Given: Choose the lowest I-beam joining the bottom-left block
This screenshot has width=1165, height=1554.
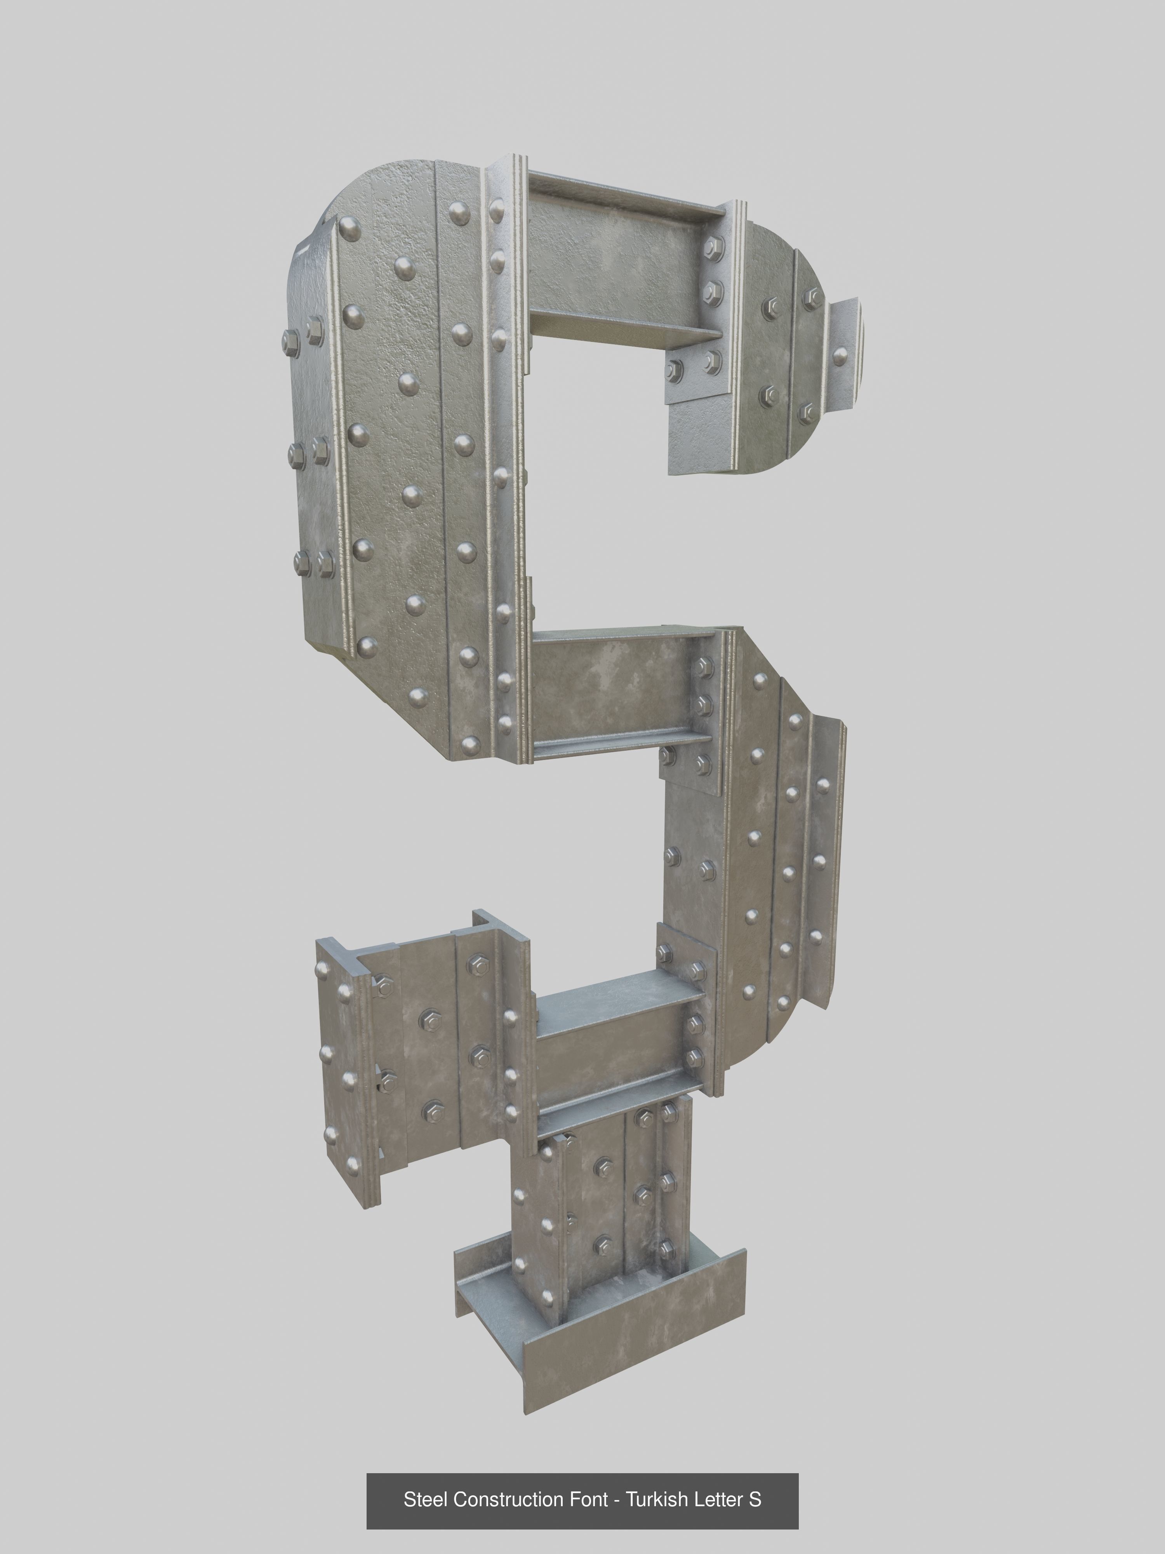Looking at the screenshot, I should tap(611, 1040).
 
